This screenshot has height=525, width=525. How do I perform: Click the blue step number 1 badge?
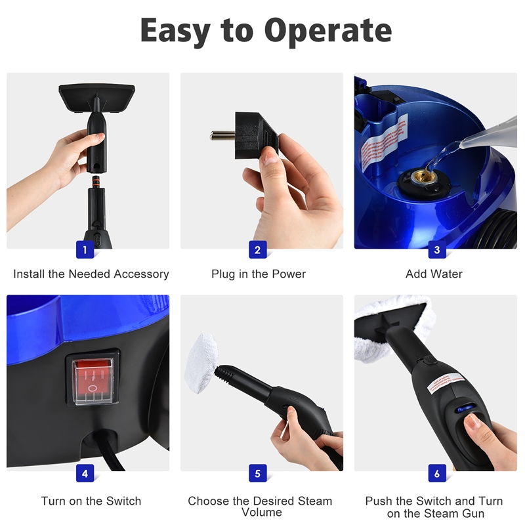pyautogui.click(x=84, y=249)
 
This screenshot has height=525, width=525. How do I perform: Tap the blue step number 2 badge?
pyautogui.click(x=257, y=249)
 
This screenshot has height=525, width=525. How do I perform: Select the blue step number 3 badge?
pyautogui.click(x=436, y=249)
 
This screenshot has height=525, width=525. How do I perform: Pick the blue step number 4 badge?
pyautogui.click(x=84, y=472)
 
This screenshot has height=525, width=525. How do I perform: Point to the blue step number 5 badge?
pyautogui.click(x=257, y=472)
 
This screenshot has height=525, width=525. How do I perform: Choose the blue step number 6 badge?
pyautogui.click(x=436, y=472)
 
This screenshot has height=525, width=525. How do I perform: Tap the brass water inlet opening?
pyautogui.click(x=419, y=177)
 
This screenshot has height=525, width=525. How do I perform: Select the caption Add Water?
pyautogui.click(x=434, y=274)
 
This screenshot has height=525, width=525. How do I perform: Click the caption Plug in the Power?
pyautogui.click(x=259, y=274)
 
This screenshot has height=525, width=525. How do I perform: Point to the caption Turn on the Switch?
pyautogui.click(x=91, y=501)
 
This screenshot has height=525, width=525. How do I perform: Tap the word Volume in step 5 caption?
pyautogui.click(x=261, y=512)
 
